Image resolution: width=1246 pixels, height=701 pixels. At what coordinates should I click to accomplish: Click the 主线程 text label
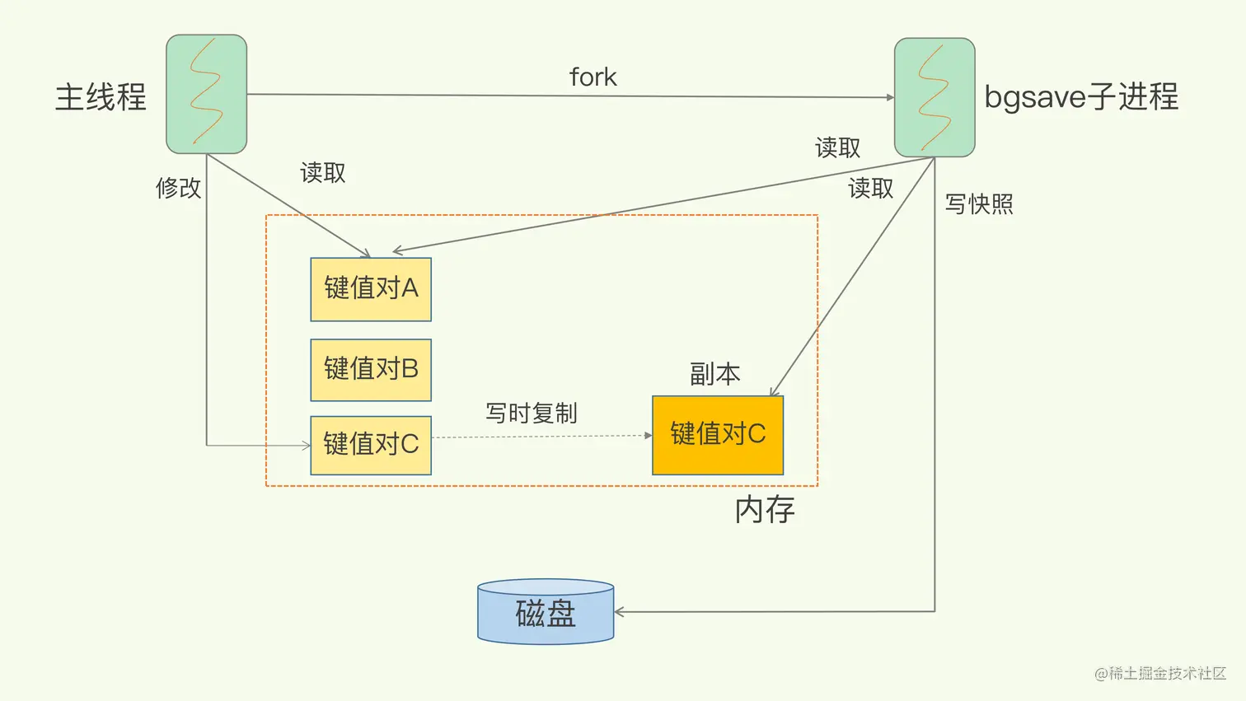101,97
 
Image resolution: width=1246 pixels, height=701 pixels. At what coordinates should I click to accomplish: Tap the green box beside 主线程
206,94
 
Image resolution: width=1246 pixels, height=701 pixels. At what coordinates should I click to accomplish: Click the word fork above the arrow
593,77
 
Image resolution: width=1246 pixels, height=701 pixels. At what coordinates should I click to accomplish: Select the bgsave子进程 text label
1081,97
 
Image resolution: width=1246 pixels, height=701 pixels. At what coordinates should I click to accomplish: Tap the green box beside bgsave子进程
934,97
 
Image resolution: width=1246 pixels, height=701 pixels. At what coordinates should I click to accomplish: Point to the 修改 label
178,188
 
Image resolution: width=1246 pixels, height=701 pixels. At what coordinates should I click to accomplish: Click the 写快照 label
979,204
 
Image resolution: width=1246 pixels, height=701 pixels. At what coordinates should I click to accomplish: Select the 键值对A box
371,289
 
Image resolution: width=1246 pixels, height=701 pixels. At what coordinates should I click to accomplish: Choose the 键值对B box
371,370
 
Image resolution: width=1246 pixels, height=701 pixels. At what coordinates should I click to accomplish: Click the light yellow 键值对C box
371,445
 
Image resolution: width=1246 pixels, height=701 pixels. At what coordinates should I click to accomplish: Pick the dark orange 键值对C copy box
718,435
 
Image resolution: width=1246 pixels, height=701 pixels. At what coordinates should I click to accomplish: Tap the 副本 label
714,375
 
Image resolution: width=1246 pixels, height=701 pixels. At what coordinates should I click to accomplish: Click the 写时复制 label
531,413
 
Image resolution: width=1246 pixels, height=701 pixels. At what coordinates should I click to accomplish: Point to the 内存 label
765,511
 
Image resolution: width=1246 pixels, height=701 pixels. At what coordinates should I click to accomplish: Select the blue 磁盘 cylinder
546,612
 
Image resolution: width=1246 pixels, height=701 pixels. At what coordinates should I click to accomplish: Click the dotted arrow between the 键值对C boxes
541,437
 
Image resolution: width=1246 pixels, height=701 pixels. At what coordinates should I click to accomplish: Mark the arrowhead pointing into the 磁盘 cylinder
619,612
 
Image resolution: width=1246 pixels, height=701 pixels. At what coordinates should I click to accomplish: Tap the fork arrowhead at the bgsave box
890,97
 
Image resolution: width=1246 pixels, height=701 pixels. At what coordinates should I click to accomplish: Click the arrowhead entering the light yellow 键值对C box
306,446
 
